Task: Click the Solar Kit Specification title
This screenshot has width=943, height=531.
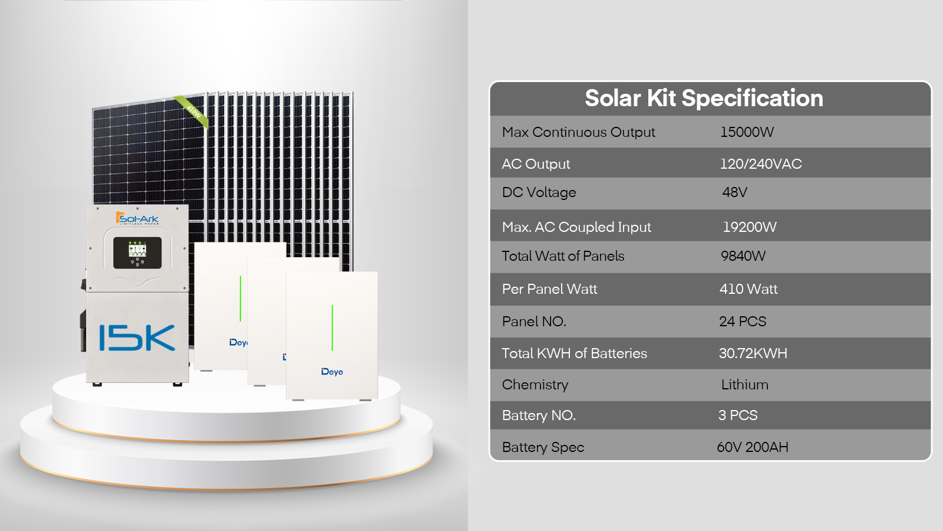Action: pyautogui.click(x=704, y=99)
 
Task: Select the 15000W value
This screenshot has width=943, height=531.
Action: pyautogui.click(x=747, y=132)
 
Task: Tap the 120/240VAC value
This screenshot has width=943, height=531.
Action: pyautogui.click(x=761, y=163)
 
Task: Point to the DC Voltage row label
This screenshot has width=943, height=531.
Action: pyautogui.click(x=539, y=192)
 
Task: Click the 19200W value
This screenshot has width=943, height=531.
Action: pyautogui.click(x=750, y=227)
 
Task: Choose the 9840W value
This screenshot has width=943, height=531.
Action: pyautogui.click(x=743, y=256)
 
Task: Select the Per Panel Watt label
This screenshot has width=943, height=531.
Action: pyautogui.click(x=549, y=289)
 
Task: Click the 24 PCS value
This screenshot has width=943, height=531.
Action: pyautogui.click(x=743, y=322)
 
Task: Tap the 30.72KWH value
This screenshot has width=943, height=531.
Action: pyautogui.click(x=753, y=353)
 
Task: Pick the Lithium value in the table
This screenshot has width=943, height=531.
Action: pyautogui.click(x=745, y=385)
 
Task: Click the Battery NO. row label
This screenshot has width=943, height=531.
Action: pyautogui.click(x=539, y=415)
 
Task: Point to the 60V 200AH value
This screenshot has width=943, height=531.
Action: pyautogui.click(x=753, y=447)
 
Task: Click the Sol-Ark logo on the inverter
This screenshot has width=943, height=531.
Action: pyautogui.click(x=137, y=218)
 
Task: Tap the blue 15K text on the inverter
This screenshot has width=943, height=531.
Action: pyautogui.click(x=137, y=337)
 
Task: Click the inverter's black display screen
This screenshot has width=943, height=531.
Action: pyautogui.click(x=137, y=253)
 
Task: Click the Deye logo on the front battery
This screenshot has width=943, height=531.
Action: pyautogui.click(x=332, y=372)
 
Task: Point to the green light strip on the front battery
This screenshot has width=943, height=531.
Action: pyautogui.click(x=332, y=328)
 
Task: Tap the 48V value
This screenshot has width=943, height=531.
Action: pyautogui.click(x=734, y=192)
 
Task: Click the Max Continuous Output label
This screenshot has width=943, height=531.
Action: pyautogui.click(x=578, y=132)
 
